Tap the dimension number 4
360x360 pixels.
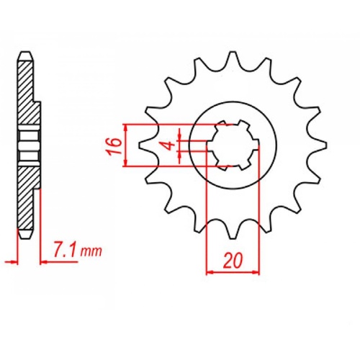(x=167, y=146)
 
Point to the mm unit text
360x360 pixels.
(x=91, y=252)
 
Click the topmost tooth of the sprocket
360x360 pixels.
(x=232, y=59)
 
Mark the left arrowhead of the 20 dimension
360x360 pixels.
(x=210, y=273)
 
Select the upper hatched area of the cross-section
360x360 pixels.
(x=27, y=94)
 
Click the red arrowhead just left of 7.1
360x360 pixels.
(x=43, y=261)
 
